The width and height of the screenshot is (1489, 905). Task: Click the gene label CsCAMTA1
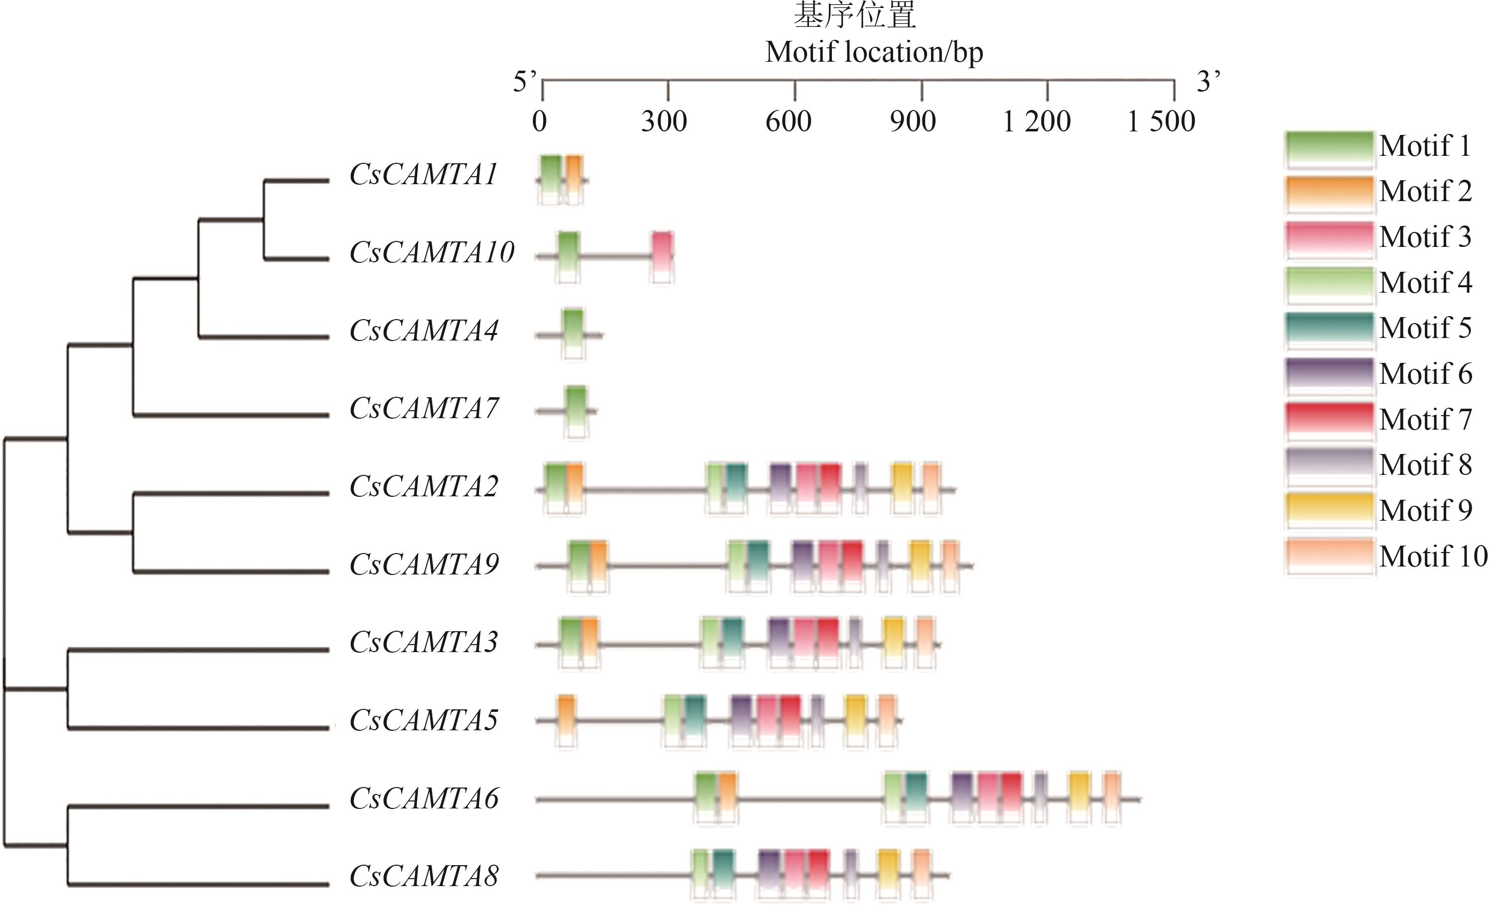tap(424, 175)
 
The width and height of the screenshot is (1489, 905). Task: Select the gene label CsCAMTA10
tap(432, 252)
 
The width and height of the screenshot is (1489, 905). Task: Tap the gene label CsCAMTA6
tap(424, 798)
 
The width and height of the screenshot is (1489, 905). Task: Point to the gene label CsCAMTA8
tap(424, 876)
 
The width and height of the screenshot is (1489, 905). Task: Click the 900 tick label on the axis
tap(913, 121)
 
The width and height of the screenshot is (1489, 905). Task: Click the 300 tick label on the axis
tap(664, 121)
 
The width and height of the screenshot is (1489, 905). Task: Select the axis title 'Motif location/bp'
tap(874, 52)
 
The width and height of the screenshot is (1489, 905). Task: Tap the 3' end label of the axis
tap(1209, 81)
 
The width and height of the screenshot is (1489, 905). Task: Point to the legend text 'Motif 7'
tap(1426, 419)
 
